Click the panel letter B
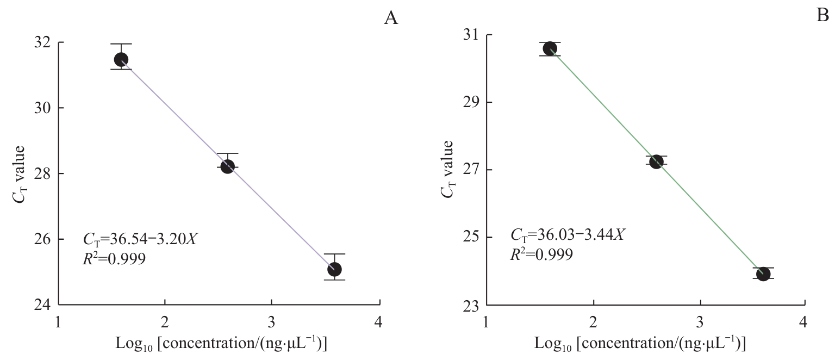click(x=822, y=16)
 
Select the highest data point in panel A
click(x=121, y=59)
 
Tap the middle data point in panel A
click(x=227, y=166)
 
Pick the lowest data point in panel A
click(x=334, y=269)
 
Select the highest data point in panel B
click(x=550, y=48)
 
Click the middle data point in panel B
click(x=656, y=162)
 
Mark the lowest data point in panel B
click(x=763, y=274)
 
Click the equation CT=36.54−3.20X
click(x=139, y=239)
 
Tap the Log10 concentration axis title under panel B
click(x=640, y=344)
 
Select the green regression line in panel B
click(x=603, y=106)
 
